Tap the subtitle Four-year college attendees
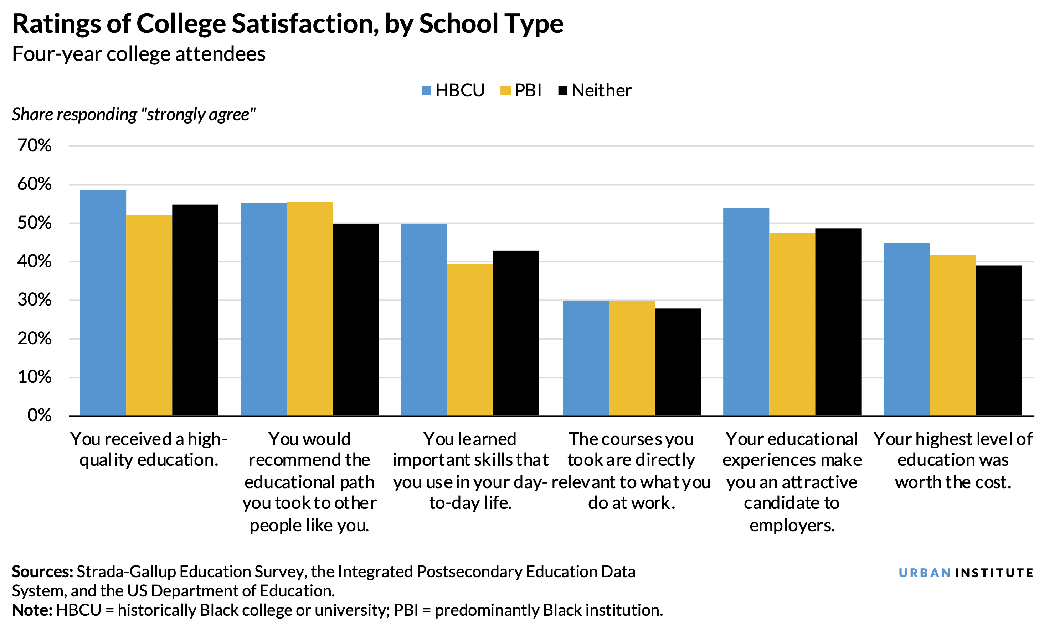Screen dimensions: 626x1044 click(x=138, y=54)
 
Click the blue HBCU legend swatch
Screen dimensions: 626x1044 click(x=426, y=90)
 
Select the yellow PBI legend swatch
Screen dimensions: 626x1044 click(x=505, y=90)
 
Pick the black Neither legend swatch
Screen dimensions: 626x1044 click(x=562, y=90)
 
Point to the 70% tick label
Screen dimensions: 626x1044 click(x=34, y=146)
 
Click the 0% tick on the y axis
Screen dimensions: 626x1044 click(x=39, y=416)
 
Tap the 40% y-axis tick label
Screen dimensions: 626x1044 click(x=34, y=261)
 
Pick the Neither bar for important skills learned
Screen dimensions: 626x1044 click(x=515, y=333)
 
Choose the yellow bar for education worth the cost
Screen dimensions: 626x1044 click(x=952, y=335)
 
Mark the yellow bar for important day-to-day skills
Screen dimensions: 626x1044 click(x=469, y=340)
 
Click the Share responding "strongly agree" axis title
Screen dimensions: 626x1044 click(x=133, y=115)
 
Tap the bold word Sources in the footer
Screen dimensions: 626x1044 click(x=42, y=572)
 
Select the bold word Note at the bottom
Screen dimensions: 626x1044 click(x=32, y=610)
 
